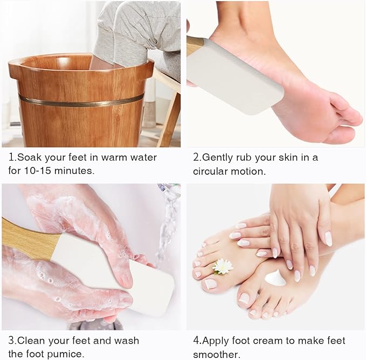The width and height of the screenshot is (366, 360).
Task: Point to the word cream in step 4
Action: [268, 341]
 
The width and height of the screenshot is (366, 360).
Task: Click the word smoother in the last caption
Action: [216, 355]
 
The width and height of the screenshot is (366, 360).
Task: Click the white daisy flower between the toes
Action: [223, 267]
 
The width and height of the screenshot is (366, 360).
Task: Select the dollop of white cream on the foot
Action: [275, 277]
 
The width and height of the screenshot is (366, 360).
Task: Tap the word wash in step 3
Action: [127, 341]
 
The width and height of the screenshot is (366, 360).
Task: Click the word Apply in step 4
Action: [215, 341]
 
